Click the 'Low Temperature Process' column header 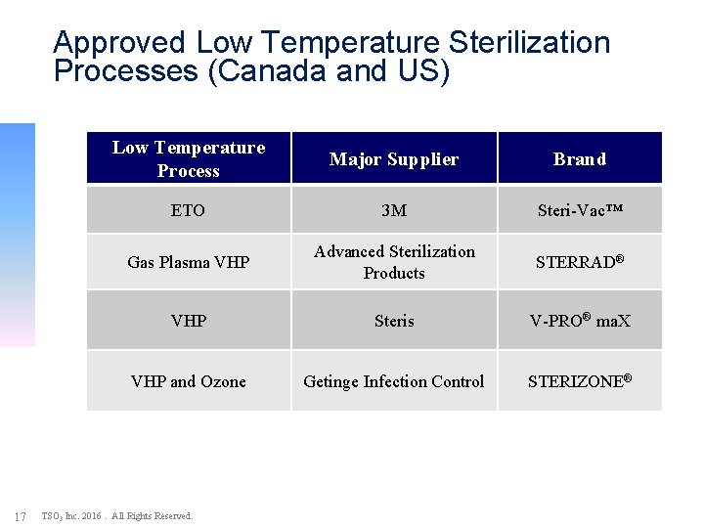pyautogui.click(x=189, y=158)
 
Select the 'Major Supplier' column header pyautogui.click(x=394, y=159)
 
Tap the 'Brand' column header pyautogui.click(x=580, y=159)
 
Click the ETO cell pyautogui.click(x=189, y=210)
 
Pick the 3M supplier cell pyautogui.click(x=394, y=210)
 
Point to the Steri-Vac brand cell pyautogui.click(x=580, y=210)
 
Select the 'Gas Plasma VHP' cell pyautogui.click(x=189, y=262)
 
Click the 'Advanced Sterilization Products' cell pyautogui.click(x=394, y=262)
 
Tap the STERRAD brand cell pyautogui.click(x=580, y=261)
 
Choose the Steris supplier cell pyautogui.click(x=394, y=321)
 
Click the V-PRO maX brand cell pyautogui.click(x=580, y=321)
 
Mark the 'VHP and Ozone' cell pyautogui.click(x=189, y=381)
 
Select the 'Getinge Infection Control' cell pyautogui.click(x=394, y=381)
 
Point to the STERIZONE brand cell pyautogui.click(x=580, y=381)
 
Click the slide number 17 pyautogui.click(x=20, y=516)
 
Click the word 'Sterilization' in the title pyautogui.click(x=529, y=43)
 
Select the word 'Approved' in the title pyautogui.click(x=119, y=43)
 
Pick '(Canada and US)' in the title pyautogui.click(x=337, y=72)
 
